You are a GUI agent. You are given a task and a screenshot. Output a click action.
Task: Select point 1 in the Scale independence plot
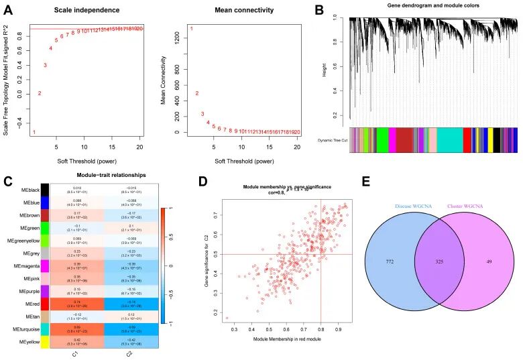pyautogui.click(x=34, y=132)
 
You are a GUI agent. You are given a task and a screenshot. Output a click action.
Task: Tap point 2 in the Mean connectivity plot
pyautogui.click(x=196, y=94)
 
